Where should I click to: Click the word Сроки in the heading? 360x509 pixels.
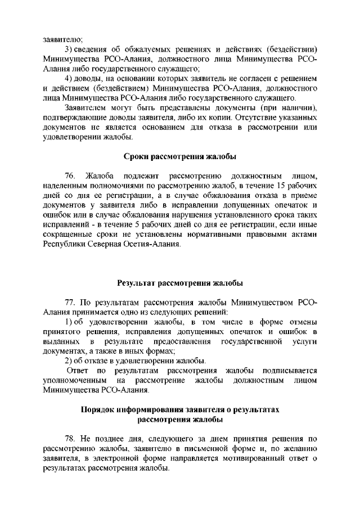pos(136,156)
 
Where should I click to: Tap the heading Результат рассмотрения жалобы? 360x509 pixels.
pos(180,282)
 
